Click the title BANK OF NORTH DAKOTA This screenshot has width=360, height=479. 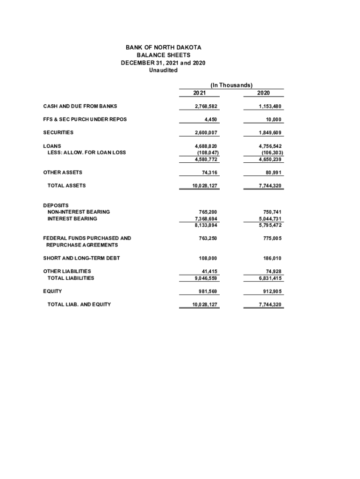(x=163, y=48)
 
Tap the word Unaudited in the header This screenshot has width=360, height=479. (x=163, y=70)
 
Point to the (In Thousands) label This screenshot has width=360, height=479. (x=231, y=85)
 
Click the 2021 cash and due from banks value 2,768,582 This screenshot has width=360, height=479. (x=206, y=106)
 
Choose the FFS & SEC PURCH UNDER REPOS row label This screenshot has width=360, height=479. (x=85, y=119)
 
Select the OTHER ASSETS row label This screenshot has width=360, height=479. (x=63, y=173)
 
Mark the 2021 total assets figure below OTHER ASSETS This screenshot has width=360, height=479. (x=205, y=186)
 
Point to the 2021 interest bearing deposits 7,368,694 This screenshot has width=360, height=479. (x=206, y=218)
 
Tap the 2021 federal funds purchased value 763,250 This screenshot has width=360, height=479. (x=208, y=238)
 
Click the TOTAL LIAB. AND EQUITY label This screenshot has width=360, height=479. (x=79, y=305)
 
